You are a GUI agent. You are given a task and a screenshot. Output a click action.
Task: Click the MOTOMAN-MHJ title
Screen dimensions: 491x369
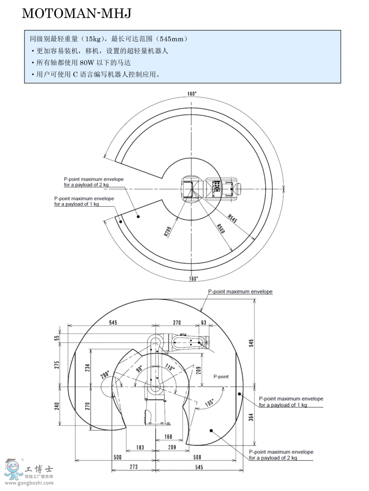click(76, 14)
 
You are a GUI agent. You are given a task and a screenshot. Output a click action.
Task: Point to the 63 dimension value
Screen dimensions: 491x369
click(204, 323)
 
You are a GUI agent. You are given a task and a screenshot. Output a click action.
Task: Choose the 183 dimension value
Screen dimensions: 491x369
click(140, 448)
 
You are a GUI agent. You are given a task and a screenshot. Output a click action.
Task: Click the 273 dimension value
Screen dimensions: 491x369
click(134, 466)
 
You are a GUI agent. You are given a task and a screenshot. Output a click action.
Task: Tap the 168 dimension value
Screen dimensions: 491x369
click(168, 437)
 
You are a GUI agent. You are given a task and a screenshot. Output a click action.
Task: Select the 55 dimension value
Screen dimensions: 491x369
click(57, 338)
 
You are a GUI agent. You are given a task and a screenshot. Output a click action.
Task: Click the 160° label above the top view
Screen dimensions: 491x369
click(192, 94)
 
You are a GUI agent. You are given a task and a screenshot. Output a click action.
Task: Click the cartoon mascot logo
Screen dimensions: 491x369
click(14, 469)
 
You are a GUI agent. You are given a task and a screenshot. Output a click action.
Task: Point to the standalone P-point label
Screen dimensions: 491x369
click(221, 376)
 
